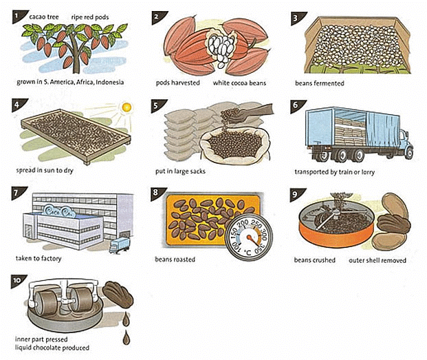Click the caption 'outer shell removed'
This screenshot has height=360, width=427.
377,260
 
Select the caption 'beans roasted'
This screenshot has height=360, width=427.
175,260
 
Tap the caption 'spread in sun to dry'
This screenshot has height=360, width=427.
46,171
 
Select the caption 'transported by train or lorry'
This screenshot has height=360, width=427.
334,171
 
